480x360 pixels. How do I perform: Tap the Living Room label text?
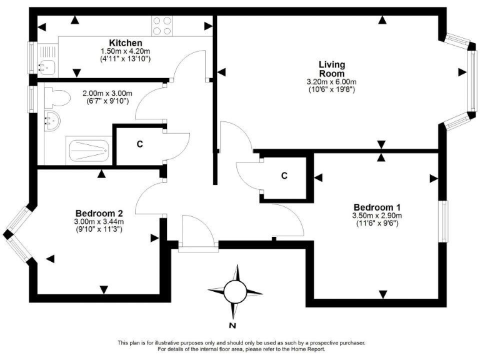pyautogui.click(x=331, y=69)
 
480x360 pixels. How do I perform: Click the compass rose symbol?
pyautogui.click(x=235, y=291)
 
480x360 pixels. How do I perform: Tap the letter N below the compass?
pyautogui.click(x=232, y=326)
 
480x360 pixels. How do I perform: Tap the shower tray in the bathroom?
pyautogui.click(x=88, y=151)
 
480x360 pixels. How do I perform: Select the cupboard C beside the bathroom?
pyautogui.click(x=140, y=144)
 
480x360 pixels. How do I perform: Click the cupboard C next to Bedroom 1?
pyautogui.click(x=284, y=176)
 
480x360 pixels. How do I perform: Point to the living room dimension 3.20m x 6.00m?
pyautogui.click(x=331, y=81)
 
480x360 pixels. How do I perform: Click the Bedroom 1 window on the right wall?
pyautogui.click(x=443, y=222)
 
